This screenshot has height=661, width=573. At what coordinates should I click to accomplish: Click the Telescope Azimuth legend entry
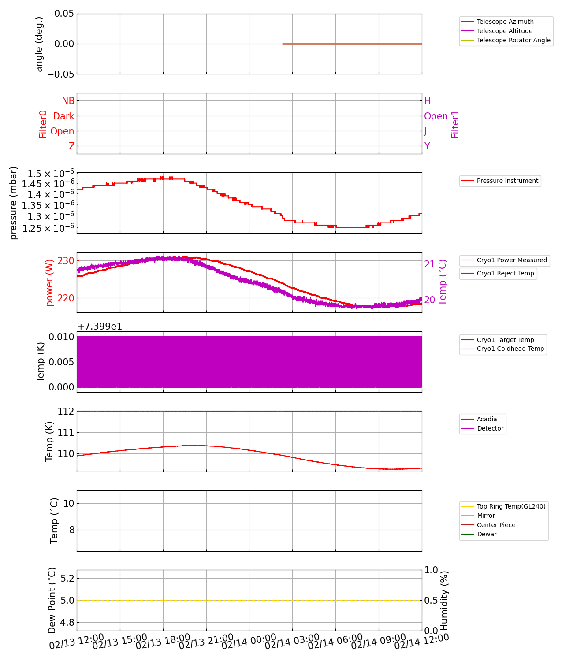pyautogui.click(x=505, y=22)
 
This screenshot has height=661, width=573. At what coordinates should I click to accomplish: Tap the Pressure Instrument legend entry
pyautogui.click(x=507, y=181)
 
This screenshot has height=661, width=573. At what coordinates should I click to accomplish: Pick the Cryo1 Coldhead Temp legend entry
pyautogui.click(x=510, y=349)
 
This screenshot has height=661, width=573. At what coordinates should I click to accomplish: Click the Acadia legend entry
pyautogui.click(x=487, y=419)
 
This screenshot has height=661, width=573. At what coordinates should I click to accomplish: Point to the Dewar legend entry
pyautogui.click(x=487, y=534)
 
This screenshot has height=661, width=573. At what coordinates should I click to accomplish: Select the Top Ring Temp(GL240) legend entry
pyautogui.click(x=511, y=506)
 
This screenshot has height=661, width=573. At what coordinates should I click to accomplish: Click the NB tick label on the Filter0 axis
pyautogui.click(x=68, y=101)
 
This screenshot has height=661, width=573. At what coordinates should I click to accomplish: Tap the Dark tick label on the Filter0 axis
pyautogui.click(x=63, y=116)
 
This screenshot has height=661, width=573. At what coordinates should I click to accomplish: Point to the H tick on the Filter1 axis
pyautogui.click(x=427, y=101)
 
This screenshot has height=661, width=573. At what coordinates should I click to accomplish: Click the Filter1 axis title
pyautogui.click(x=455, y=124)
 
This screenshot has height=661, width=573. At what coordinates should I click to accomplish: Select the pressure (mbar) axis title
pyautogui.click(x=14, y=203)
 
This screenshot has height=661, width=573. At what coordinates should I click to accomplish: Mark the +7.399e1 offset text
pyautogui.click(x=100, y=327)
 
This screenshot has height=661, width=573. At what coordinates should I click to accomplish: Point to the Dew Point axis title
pyautogui.click(x=52, y=600)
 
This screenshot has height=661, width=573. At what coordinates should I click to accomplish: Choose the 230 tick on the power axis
pyautogui.click(x=66, y=260)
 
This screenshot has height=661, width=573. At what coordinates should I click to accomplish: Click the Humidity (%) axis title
pyautogui.click(x=444, y=600)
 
